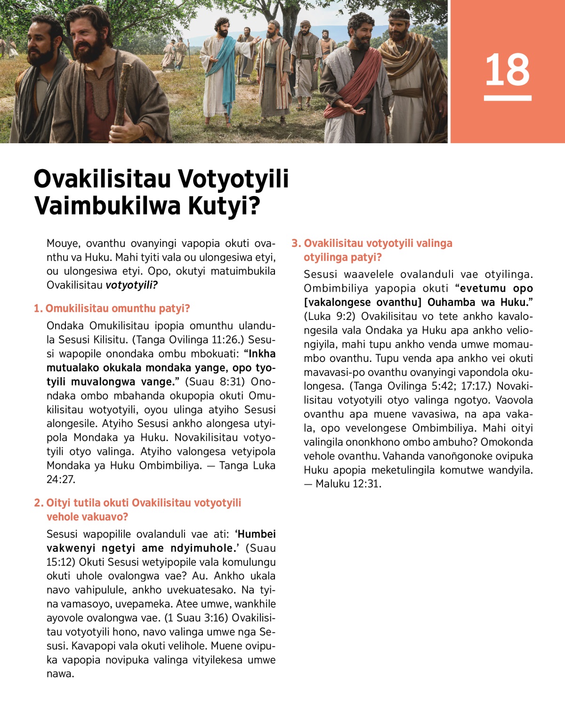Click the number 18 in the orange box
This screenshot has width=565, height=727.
coord(507,70)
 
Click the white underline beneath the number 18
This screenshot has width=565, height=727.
coord(508,98)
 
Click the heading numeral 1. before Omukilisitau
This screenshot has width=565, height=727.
coord(38,309)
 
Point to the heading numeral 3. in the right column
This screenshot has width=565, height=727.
coord(296,244)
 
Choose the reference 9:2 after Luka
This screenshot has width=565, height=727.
coord(346,316)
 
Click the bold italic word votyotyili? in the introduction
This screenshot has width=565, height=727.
coord(131,285)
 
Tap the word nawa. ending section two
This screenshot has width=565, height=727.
coord(60,674)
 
